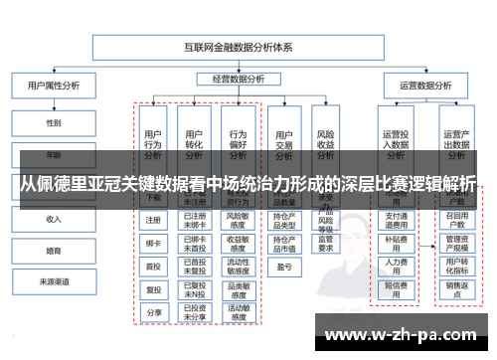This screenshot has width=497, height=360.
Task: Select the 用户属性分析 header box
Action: [54, 87]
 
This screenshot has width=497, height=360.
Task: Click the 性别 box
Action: [54, 123]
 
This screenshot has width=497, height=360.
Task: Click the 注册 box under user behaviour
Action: [153, 220]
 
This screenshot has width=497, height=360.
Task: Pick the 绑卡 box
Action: [153, 243]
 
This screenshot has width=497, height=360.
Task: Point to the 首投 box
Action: [153, 266]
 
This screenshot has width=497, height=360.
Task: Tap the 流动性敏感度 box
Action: [238, 266]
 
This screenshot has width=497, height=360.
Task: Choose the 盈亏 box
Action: [284, 267]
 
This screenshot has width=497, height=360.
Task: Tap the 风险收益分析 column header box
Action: [325, 144]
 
